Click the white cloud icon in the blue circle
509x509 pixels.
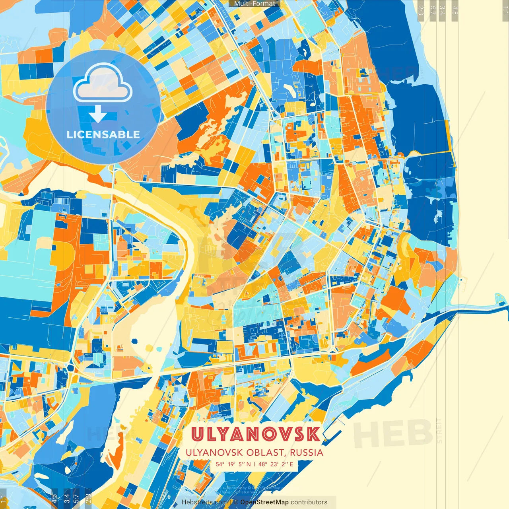coord(103,84)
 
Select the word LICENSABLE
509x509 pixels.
coord(103,134)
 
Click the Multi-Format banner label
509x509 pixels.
coord(254,4)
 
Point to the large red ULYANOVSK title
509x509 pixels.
coord(255,434)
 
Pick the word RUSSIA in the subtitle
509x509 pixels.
coord(306,453)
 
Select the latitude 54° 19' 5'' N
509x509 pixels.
coord(233,464)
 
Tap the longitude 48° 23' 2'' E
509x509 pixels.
coord(276,464)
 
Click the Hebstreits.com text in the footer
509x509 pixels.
coord(205,502)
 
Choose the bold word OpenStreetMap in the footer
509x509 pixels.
coord(264,502)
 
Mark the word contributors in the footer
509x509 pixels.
coord(309,502)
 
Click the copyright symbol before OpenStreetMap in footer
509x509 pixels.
coord(236,502)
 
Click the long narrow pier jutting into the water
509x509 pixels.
coord(477,305)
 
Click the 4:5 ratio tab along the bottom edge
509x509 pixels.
coord(54,498)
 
